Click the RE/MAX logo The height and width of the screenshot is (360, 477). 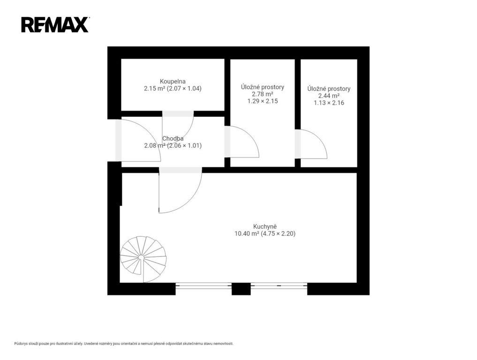55,25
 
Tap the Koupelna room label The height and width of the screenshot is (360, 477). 173,82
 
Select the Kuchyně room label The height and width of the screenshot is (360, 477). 265,226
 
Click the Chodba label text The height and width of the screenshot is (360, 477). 173,139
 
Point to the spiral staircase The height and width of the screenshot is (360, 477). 143,259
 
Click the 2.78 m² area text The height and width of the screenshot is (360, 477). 262,94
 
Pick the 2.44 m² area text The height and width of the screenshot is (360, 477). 329,96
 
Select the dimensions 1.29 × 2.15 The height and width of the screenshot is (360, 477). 263,101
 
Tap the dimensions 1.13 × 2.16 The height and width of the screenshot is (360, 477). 329,103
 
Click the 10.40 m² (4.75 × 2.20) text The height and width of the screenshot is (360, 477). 265,233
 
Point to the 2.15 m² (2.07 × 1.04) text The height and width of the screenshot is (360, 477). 173,89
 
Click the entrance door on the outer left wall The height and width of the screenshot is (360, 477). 138,140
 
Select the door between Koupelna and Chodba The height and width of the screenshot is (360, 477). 178,127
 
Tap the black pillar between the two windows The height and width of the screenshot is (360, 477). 241,289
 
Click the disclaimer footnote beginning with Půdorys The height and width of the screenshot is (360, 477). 124,344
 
